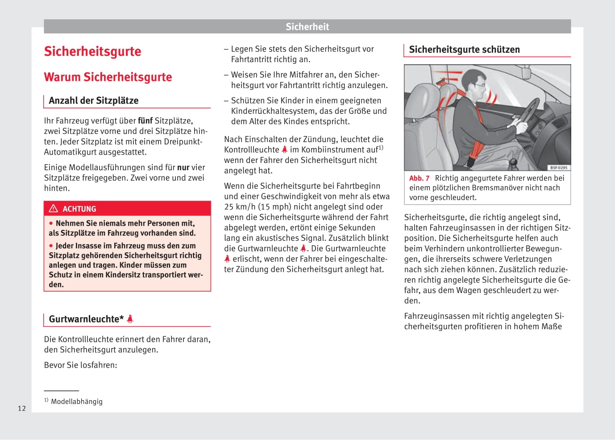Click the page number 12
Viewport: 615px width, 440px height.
coord(22,408)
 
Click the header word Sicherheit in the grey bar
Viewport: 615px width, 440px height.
coord(307,27)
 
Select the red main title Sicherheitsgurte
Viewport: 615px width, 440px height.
coord(92,51)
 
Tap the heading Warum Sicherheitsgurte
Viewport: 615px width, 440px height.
coord(108,77)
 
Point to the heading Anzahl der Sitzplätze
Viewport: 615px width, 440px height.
coord(93,101)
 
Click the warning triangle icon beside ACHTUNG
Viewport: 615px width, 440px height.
coord(54,209)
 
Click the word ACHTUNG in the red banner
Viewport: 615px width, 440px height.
coord(79,209)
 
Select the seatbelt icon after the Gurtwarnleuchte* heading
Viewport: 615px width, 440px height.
coord(130,319)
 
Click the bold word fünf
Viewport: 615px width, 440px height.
coord(145,121)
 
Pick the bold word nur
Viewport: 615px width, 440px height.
coord(183,168)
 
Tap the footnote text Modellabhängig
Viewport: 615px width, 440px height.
coord(77,402)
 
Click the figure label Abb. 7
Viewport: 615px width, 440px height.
coord(419,178)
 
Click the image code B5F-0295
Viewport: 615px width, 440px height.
coord(558,168)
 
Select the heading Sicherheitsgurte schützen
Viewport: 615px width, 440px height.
coord(464,50)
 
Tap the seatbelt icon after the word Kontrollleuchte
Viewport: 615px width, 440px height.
coord(284,150)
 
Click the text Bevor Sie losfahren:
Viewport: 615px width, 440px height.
coord(80,365)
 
